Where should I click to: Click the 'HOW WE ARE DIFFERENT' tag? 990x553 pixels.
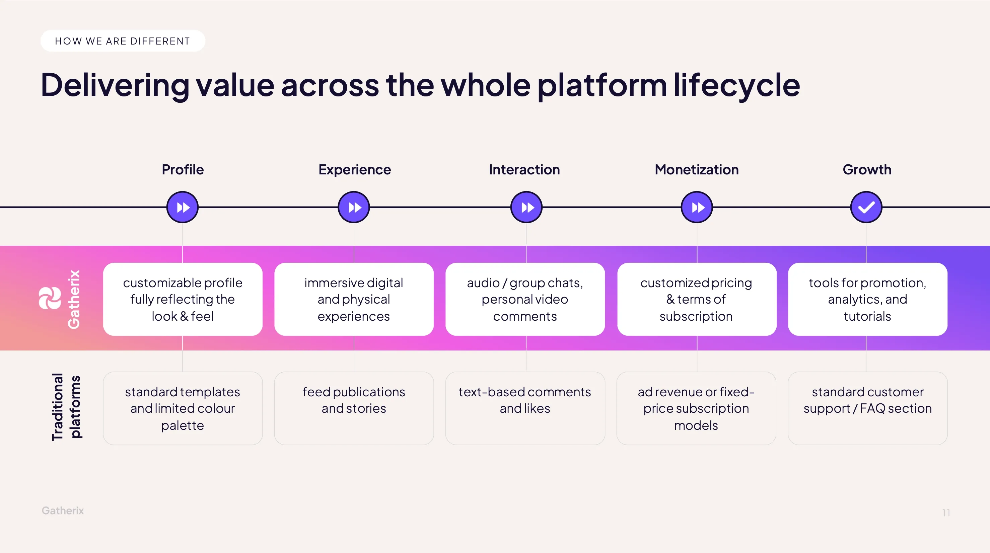(123, 41)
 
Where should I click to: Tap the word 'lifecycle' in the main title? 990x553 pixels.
(737, 85)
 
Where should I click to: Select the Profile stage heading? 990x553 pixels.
(183, 169)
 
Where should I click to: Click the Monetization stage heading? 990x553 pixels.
(696, 169)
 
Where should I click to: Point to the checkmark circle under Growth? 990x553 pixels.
(866, 208)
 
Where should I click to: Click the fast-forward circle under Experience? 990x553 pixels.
(354, 208)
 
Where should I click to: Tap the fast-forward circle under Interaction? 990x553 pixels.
(526, 208)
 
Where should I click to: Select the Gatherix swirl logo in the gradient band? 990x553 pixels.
(50, 298)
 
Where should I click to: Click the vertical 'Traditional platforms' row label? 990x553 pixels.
(66, 407)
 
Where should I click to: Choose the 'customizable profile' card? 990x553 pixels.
(183, 299)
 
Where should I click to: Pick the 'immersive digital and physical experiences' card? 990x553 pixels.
(354, 299)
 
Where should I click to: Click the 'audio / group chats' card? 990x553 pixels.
(525, 299)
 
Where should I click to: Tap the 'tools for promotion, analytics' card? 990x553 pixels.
(867, 299)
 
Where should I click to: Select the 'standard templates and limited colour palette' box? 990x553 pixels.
(183, 408)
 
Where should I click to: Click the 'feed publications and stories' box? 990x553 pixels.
(354, 408)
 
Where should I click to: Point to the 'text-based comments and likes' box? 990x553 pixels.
(525, 408)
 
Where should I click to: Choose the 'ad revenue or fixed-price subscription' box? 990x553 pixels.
(696, 408)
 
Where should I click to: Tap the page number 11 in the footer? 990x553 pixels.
(946, 513)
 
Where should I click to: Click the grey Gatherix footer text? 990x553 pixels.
(63, 510)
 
